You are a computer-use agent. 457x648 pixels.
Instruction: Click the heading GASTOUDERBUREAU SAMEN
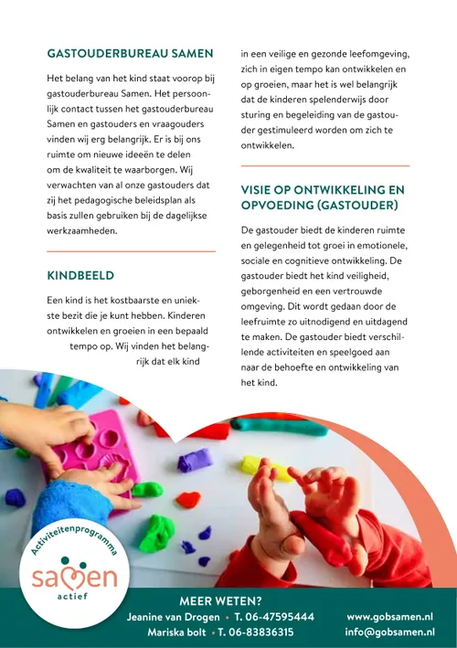130,53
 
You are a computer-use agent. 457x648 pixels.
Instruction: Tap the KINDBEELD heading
80,274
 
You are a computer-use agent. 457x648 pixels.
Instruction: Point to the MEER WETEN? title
220,600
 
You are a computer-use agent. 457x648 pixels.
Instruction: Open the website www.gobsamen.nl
389,617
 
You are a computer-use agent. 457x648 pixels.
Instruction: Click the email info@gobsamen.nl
389,632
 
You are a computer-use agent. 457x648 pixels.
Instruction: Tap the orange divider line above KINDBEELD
130,250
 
